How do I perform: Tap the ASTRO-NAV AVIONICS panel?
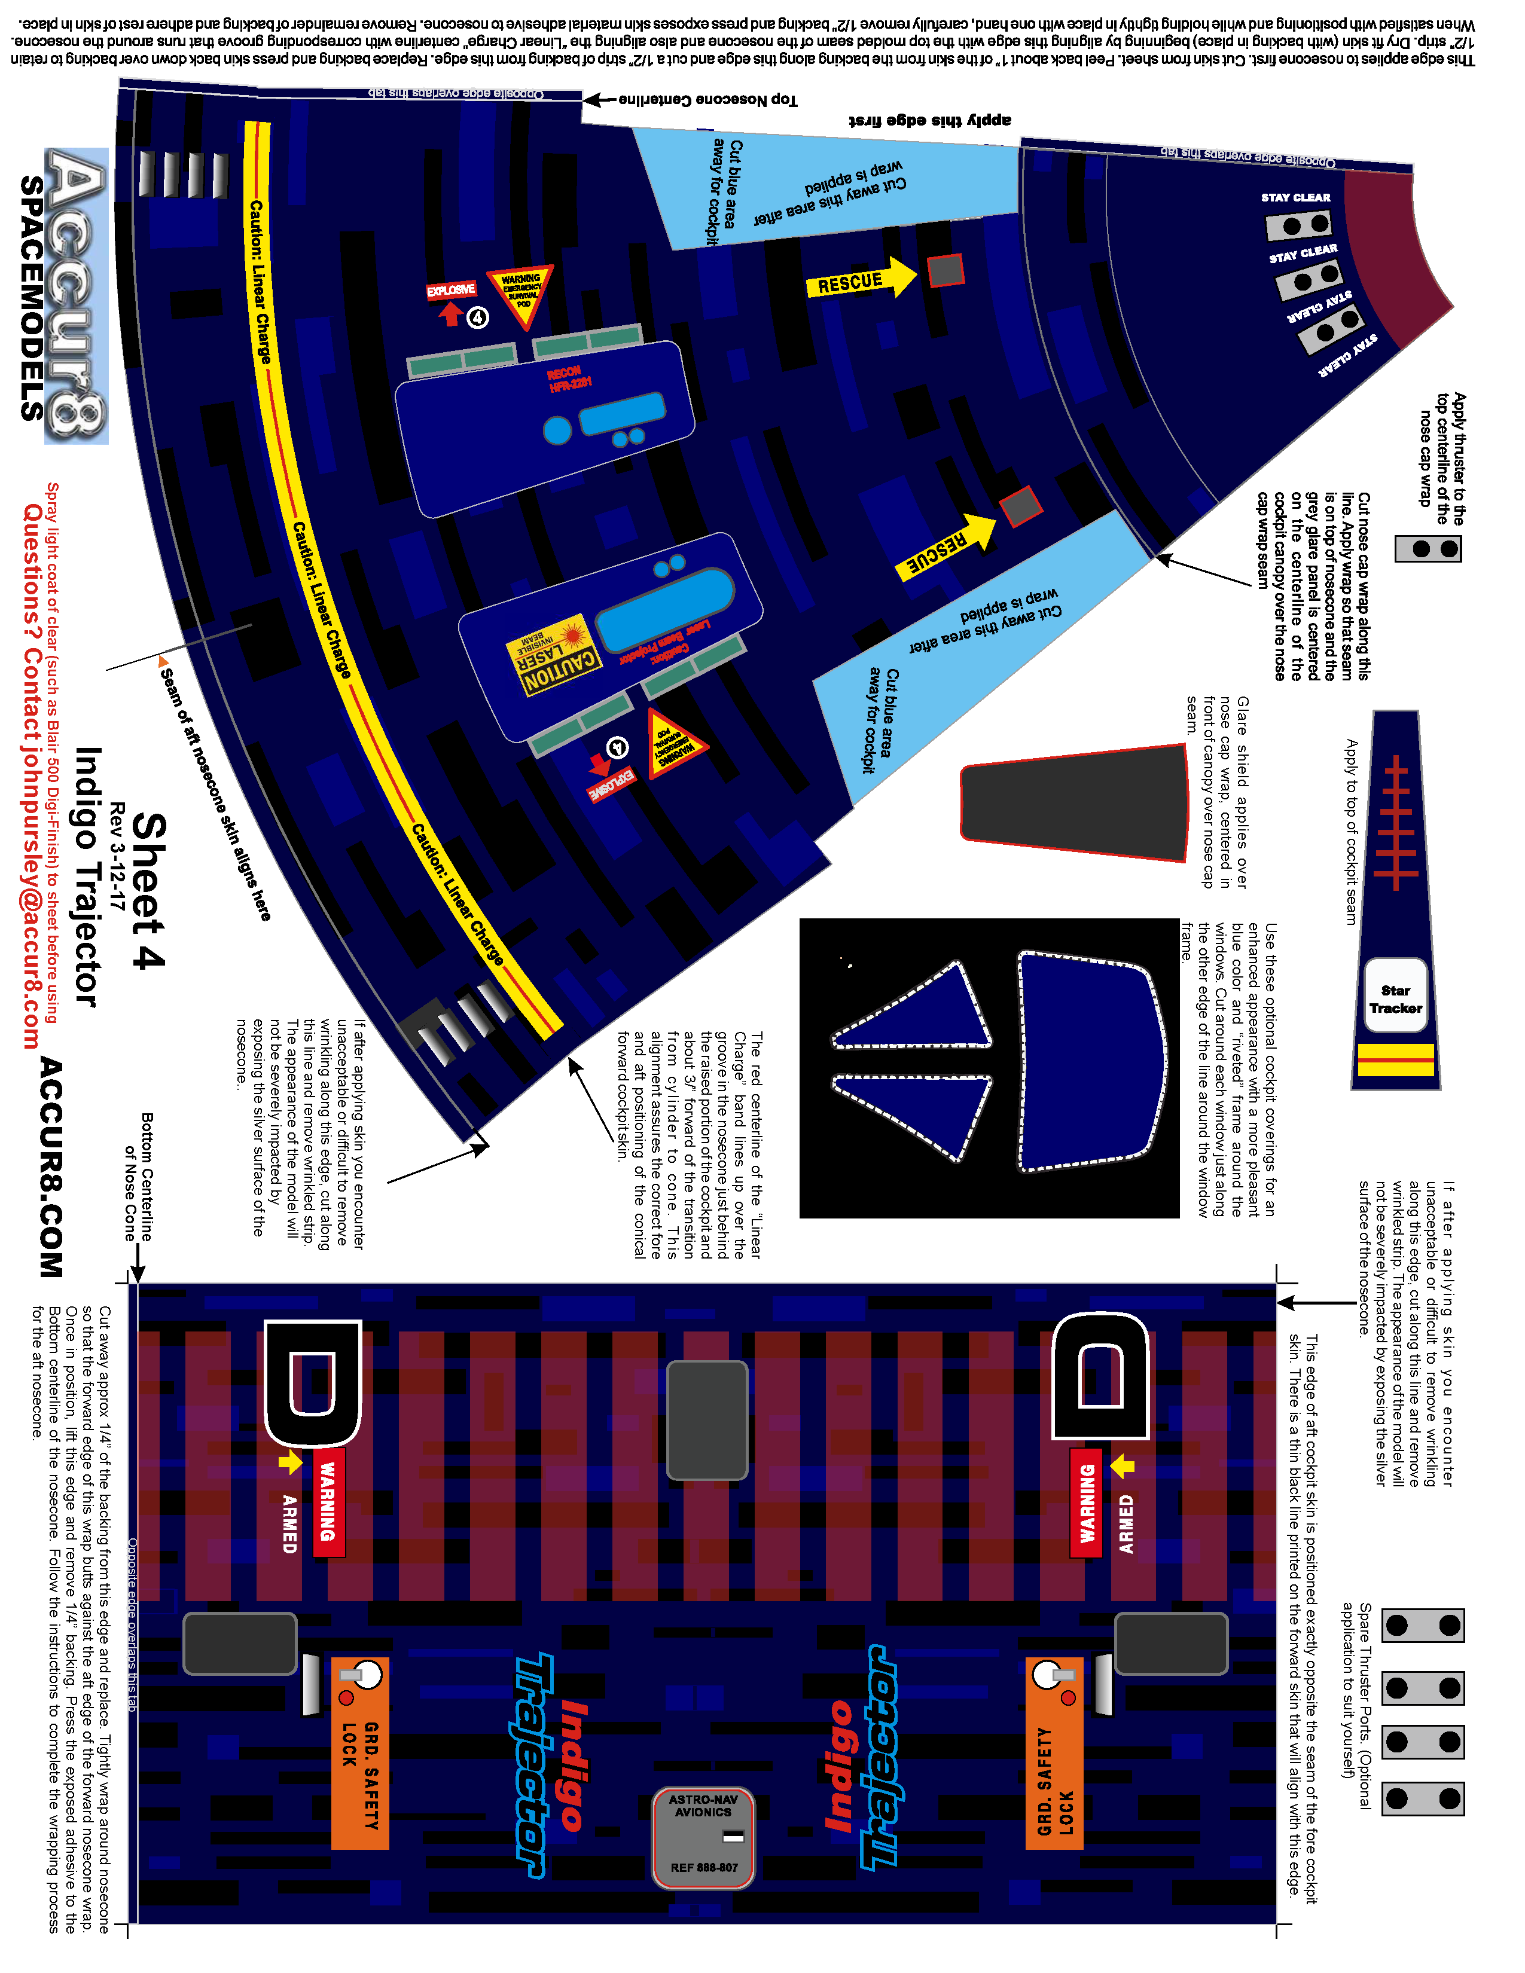703,1837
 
